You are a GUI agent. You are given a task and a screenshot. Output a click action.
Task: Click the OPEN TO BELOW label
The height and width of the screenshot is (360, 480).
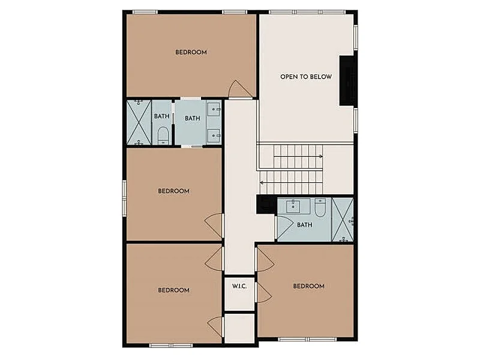point(306,77)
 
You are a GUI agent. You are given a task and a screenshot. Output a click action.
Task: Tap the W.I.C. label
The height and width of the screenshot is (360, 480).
point(239,286)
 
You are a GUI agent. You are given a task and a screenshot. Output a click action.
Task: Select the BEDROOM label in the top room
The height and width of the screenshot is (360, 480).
point(191,52)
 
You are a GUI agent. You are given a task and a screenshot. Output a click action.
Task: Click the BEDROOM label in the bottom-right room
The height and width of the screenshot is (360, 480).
point(308,286)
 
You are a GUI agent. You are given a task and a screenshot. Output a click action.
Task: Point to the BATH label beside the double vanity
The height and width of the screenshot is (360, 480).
point(192,118)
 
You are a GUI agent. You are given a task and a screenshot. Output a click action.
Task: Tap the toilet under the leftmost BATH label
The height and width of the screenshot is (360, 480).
point(163,136)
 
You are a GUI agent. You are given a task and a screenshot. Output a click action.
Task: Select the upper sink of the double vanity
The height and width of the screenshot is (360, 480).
point(214,109)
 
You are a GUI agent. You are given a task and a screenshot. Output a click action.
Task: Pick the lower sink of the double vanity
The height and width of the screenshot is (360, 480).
point(214,136)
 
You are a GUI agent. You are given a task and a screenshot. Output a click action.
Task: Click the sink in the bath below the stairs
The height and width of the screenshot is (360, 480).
point(293,206)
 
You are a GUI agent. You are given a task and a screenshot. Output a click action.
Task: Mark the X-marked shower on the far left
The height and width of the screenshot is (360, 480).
point(139,122)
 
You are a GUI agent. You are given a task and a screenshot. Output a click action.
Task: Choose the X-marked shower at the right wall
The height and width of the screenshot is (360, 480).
point(343,220)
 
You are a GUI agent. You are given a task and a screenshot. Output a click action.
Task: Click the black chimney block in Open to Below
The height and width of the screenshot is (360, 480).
point(347,81)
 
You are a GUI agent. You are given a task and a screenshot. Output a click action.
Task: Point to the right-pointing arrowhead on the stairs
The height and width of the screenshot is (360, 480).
point(321,157)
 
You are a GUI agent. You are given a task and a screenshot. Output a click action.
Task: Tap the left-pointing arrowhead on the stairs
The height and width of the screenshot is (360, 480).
point(262,183)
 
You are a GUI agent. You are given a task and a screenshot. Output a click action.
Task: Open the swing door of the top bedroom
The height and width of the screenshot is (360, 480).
point(241,89)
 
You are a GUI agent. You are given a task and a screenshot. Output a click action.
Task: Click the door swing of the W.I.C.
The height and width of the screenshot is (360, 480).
point(263,293)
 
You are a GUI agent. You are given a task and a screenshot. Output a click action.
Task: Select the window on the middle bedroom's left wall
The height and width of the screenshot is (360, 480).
point(124,198)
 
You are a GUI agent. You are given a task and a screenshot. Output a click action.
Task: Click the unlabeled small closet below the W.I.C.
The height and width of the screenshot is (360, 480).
point(239,328)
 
